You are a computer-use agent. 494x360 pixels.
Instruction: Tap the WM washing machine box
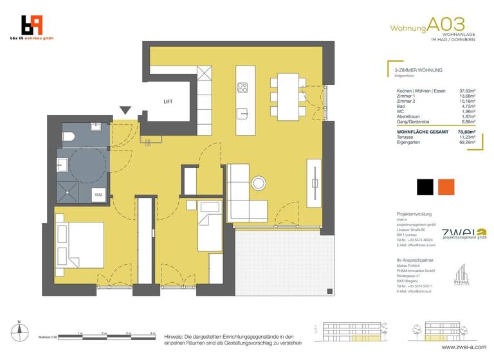coord(98,194)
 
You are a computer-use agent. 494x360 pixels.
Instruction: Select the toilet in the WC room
coord(69,136)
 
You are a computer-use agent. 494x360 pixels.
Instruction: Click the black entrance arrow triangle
coord(125,111)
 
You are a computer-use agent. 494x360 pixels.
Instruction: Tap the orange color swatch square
coord(446,187)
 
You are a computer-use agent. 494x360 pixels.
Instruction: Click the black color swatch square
coord(425,187)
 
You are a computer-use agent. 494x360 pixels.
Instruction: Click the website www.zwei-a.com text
coord(465,346)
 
